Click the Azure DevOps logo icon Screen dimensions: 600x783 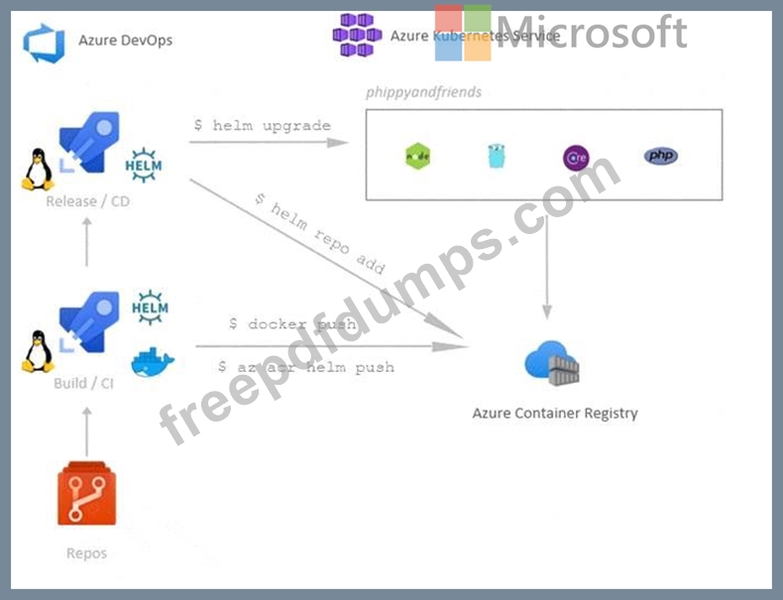pos(44,42)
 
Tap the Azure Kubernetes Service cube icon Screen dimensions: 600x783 pos(357,35)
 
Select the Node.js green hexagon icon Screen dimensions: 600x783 pos(418,156)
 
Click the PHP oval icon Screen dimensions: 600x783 pos(661,156)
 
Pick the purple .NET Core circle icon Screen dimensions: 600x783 pos(576,157)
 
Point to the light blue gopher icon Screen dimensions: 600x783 pos(497,156)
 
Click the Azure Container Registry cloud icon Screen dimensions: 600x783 pos(552,363)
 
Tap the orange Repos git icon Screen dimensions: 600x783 pos(87,495)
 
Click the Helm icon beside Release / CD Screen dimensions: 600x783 pos(145,165)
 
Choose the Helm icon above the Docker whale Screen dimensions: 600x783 pos(152,307)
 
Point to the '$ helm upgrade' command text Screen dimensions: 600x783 pos(262,125)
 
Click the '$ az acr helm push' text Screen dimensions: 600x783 pos(306,367)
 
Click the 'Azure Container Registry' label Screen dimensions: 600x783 pos(554,413)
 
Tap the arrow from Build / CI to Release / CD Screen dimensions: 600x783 pos(87,242)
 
